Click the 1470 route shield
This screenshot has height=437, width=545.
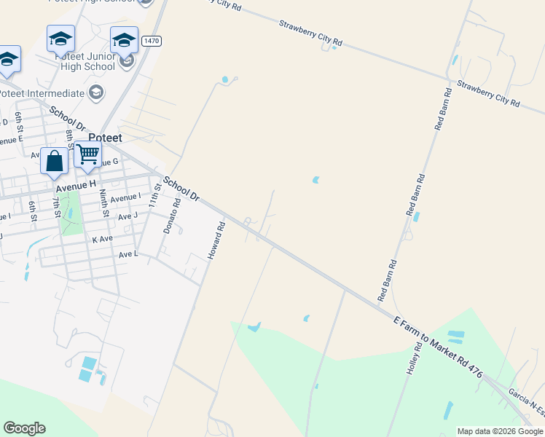click(152, 41)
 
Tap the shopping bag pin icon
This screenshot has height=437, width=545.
click(55, 161)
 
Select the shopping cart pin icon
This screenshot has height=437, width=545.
click(87, 154)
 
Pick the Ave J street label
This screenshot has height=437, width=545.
click(128, 215)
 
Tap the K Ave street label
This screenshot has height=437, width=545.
click(103, 239)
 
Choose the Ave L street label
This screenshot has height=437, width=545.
click(128, 253)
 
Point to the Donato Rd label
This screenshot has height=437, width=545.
click(171, 218)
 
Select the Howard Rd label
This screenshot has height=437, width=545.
click(216, 240)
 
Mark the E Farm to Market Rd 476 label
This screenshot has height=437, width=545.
click(438, 347)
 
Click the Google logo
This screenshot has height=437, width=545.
click(24, 428)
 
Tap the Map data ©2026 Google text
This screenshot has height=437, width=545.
click(500, 431)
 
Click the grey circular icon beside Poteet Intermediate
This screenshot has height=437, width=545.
click(95, 92)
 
